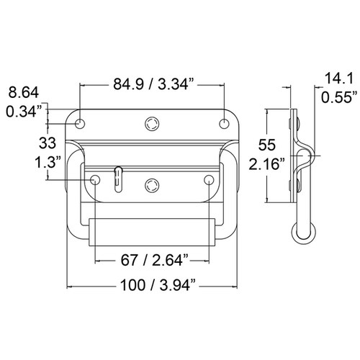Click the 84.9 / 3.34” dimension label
click(x=153, y=84)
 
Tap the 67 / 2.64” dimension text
click(x=154, y=260)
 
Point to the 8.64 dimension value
click(x=24, y=92)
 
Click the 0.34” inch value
click(x=24, y=111)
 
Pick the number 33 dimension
click(x=48, y=143)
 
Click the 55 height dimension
click(x=267, y=145)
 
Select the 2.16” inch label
click(x=267, y=164)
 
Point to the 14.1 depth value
click(x=339, y=78)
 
